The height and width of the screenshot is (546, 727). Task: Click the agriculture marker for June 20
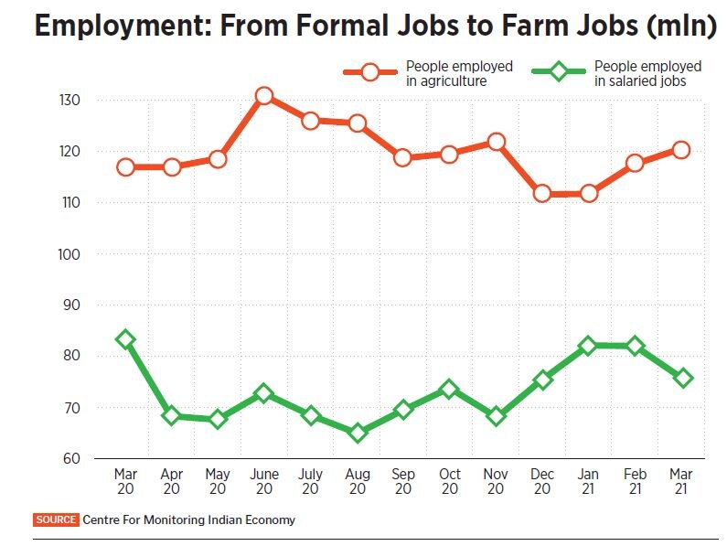pos(264,96)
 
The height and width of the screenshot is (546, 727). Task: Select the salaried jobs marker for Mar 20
pos(125,339)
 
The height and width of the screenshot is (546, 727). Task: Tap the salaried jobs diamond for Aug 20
pos(357,432)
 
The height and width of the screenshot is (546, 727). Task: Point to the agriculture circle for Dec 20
pos(542,193)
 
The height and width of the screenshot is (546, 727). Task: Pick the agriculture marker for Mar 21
pos(681,150)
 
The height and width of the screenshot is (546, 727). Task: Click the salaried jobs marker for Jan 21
pos(588,346)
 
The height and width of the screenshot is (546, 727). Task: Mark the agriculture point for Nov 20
pos(496,142)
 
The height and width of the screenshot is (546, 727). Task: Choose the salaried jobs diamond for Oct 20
pos(449,390)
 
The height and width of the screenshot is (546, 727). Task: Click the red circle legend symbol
pos(371,72)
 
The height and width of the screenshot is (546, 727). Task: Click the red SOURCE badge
pos(56,519)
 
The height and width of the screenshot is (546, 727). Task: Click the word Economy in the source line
pos(268,519)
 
